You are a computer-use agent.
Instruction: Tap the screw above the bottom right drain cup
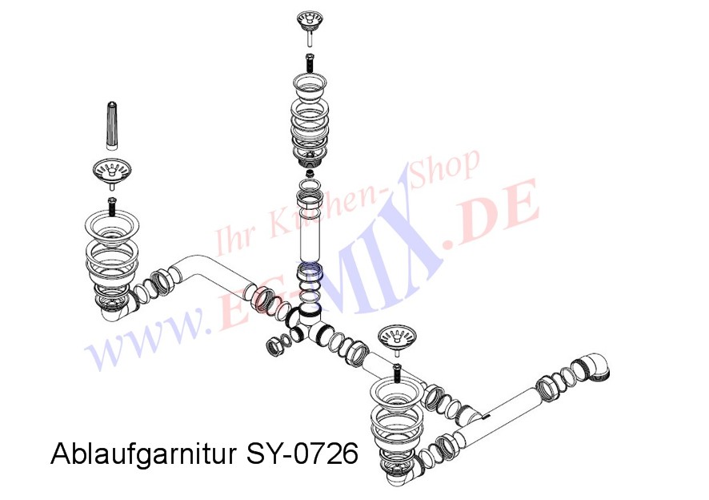398,371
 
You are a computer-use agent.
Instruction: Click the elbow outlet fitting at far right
597,368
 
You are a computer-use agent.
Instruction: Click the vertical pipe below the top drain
309,232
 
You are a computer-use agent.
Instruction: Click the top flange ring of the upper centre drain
309,83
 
